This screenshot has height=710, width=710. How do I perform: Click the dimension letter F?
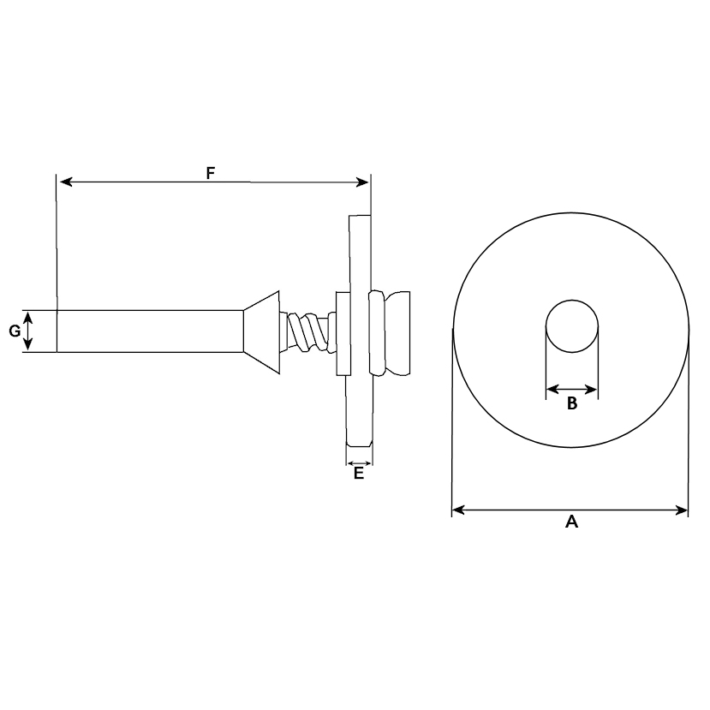[210, 173]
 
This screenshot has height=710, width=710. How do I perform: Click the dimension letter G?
[15, 331]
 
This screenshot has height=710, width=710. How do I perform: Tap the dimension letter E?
[359, 473]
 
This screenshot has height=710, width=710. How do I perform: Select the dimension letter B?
[572, 403]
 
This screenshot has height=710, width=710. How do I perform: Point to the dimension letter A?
[572, 522]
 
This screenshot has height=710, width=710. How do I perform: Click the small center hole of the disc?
[572, 326]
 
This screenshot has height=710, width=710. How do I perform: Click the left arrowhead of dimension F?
[67, 182]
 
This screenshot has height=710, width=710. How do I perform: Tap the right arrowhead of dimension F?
[362, 182]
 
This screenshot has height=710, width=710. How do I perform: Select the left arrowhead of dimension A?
[459, 510]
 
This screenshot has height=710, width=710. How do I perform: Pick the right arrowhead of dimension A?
[682, 510]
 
